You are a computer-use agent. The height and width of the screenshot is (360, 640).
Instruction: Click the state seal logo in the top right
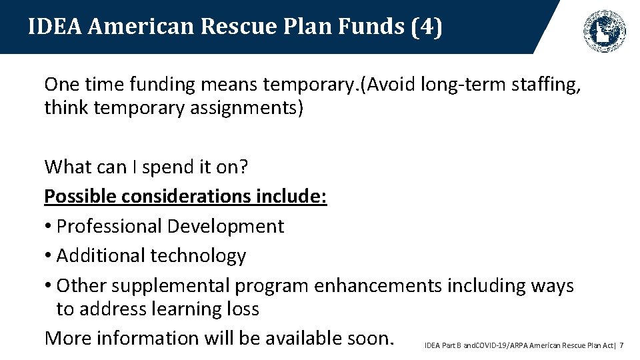(605, 30)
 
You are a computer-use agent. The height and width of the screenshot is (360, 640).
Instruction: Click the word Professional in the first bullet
(109, 226)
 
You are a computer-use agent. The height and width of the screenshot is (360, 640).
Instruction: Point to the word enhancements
(377, 286)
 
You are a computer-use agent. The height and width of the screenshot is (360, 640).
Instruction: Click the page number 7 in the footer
(621, 345)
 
